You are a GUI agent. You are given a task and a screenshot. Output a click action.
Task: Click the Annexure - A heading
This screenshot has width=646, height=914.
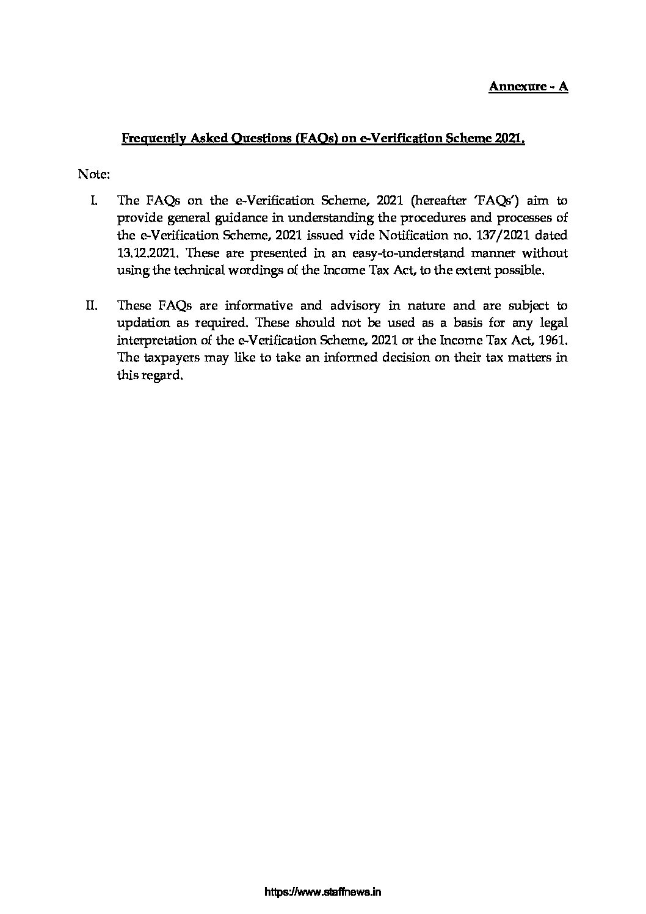528,86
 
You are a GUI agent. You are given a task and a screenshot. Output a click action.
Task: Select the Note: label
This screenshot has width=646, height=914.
93,175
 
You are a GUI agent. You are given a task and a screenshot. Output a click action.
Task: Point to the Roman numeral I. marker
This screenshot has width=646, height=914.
95,200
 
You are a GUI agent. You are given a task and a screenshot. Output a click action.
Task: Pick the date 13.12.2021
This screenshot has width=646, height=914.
143,253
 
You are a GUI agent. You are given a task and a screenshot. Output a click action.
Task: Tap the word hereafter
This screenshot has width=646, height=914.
437,200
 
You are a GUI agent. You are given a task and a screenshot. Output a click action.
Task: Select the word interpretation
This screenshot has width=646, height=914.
153,340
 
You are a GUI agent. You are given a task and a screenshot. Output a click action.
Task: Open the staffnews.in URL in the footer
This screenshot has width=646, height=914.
323,892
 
